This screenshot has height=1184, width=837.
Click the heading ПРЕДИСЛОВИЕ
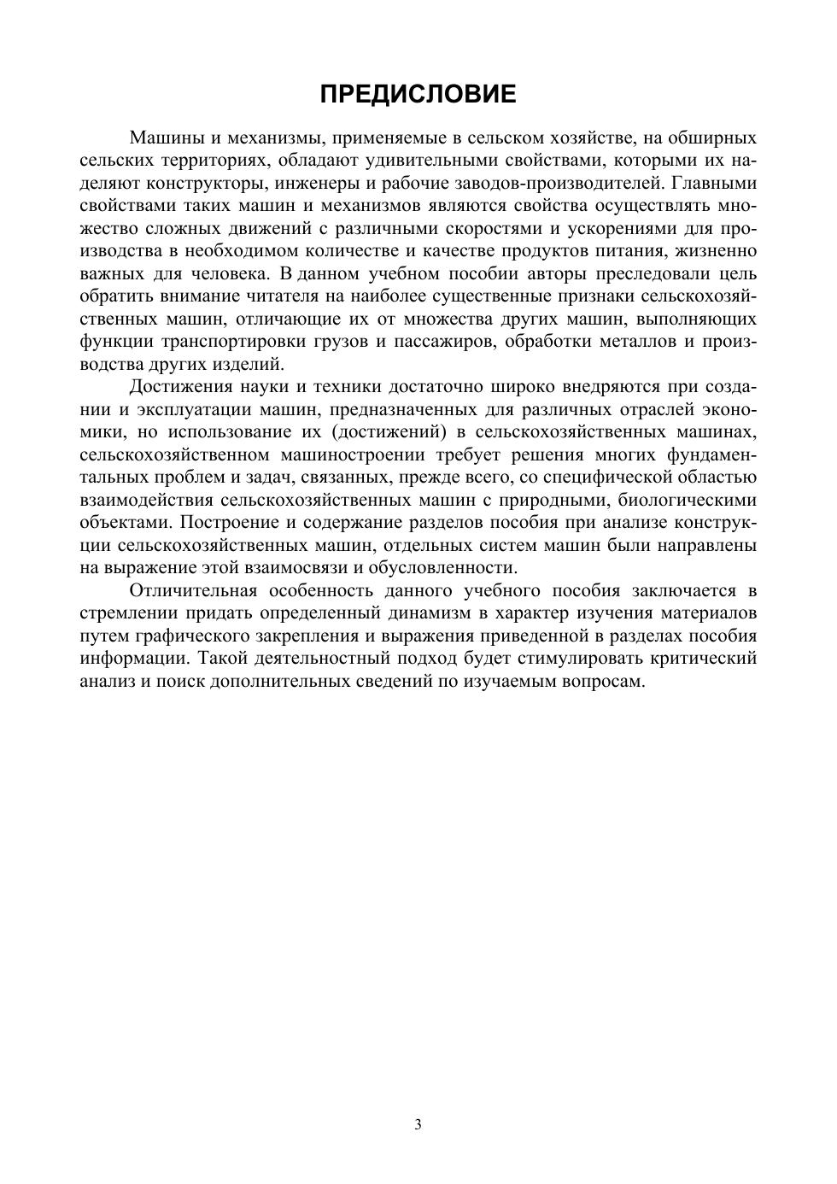point(418,94)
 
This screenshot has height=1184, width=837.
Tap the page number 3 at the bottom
point(418,1124)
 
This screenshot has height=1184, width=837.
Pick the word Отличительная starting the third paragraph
point(193,591)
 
